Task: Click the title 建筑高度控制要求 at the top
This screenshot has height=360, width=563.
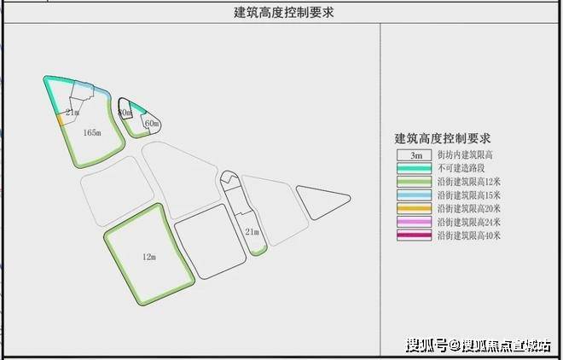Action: pyautogui.click(x=281, y=12)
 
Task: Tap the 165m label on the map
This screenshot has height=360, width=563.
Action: pyautogui.click(x=93, y=132)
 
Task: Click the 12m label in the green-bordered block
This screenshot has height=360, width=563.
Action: pyautogui.click(x=148, y=255)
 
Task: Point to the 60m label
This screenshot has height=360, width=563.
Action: pyautogui.click(x=152, y=125)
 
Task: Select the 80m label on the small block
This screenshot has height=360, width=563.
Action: pyautogui.click(x=125, y=112)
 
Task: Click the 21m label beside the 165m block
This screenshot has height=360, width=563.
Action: pyautogui.click(x=72, y=113)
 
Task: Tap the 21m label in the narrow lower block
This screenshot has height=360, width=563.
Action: pyautogui.click(x=252, y=231)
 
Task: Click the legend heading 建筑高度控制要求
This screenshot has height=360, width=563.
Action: pyautogui.click(x=447, y=136)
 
